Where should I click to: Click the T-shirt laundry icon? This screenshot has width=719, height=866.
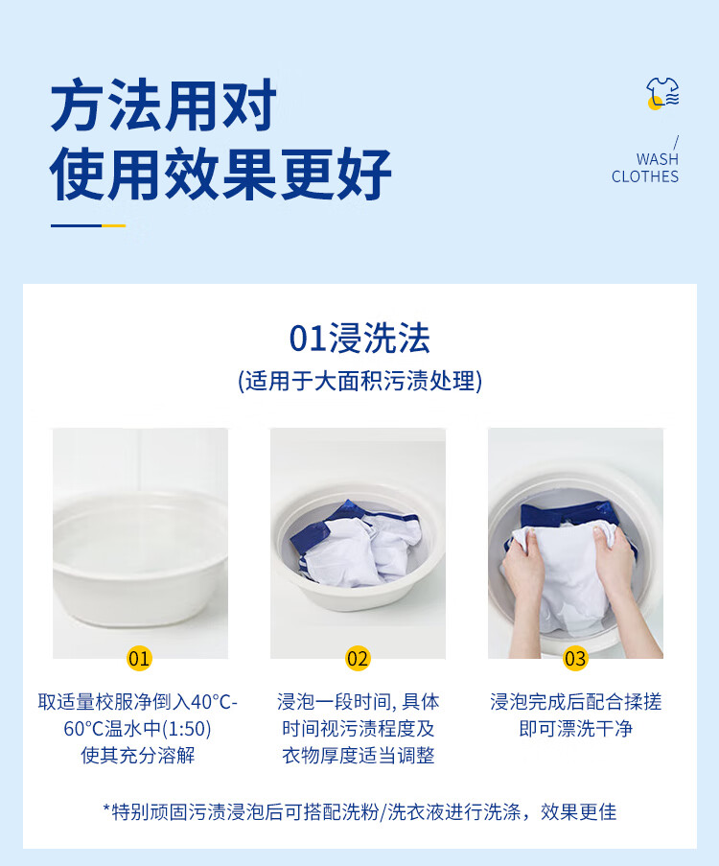click(662, 93)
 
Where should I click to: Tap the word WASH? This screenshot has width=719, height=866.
click(657, 159)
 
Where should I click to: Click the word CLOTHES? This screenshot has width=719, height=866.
click(645, 176)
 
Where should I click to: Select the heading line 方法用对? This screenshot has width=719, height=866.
click(164, 105)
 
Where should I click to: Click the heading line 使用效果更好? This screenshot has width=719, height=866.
click(220, 174)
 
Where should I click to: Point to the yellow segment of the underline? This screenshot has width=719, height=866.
click(114, 225)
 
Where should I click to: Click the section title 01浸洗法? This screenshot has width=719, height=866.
click(359, 338)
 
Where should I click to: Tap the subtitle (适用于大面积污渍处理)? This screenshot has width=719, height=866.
click(359, 381)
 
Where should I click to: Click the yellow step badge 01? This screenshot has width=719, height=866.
click(139, 658)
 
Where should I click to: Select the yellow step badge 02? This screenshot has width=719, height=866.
click(358, 658)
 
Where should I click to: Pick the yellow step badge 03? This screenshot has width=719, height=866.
click(575, 658)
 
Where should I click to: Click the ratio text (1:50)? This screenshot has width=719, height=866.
click(183, 729)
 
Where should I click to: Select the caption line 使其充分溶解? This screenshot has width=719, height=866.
click(138, 755)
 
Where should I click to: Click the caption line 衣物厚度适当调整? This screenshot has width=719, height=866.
click(359, 755)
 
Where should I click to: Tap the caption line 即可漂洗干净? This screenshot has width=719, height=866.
click(576, 729)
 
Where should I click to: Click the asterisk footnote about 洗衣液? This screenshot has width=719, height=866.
click(359, 812)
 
